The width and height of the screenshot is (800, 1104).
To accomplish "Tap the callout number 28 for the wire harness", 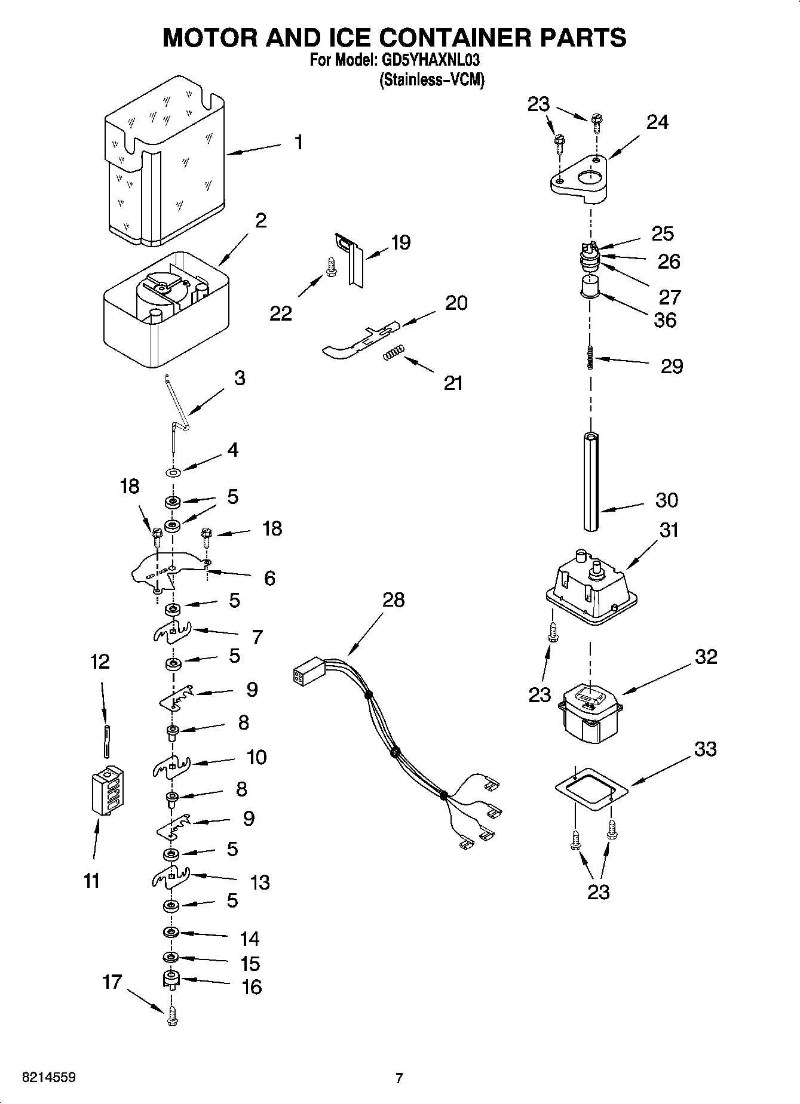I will (393, 599).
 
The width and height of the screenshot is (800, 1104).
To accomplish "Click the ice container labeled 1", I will (164, 161).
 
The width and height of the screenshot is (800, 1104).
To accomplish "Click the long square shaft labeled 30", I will (591, 481).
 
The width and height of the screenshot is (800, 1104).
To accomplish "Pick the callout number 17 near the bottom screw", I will (112, 981).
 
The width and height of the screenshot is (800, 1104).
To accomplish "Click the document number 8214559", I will (48, 1078).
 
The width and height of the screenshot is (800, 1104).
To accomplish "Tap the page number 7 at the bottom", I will (399, 1078).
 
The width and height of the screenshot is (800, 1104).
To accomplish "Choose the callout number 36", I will (665, 320).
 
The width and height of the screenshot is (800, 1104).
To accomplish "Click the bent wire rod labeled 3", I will (177, 412).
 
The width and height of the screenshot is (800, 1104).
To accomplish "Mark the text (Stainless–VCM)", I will (431, 79).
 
